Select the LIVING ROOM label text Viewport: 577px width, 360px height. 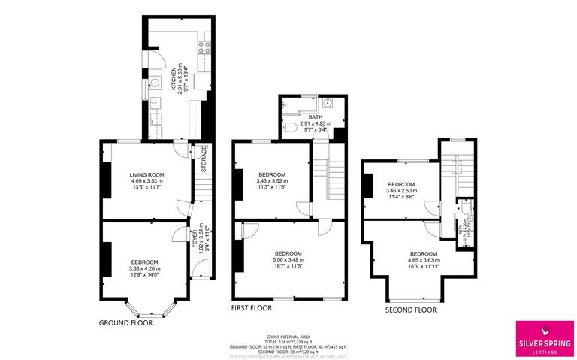click(x=147, y=174)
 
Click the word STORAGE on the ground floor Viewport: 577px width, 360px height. click(x=203, y=159)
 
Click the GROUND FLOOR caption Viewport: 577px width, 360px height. click(x=125, y=322)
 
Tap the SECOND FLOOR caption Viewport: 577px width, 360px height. click(x=410, y=309)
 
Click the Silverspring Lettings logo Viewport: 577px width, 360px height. click(x=542, y=335)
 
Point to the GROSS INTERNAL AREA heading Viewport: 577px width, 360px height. click(x=288, y=337)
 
